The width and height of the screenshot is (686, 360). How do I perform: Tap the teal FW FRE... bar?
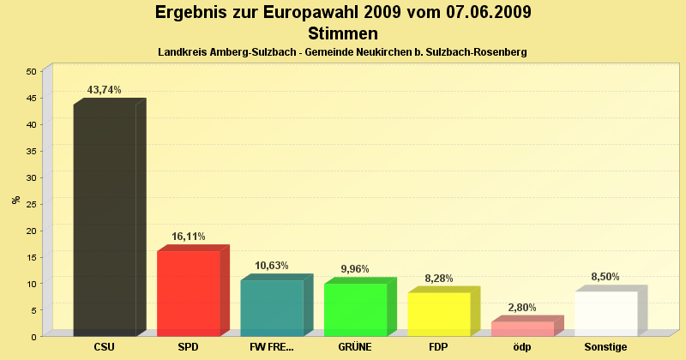tap(272, 308)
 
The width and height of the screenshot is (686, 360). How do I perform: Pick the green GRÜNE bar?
tap(356, 309)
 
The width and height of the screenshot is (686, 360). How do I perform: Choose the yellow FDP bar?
tap(439, 314)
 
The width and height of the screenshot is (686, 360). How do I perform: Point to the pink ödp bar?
tap(523, 328)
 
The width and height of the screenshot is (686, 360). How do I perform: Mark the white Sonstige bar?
tap(606, 314)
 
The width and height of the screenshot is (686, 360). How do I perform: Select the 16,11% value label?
tap(189, 237)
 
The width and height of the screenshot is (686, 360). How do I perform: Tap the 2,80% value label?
tap(523, 307)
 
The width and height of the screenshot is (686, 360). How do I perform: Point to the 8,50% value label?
tap(605, 277)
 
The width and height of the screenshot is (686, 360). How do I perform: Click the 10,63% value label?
tap(272, 266)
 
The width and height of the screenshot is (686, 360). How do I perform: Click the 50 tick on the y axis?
tap(31, 71)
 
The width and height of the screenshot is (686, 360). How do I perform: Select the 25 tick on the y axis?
tap(31, 204)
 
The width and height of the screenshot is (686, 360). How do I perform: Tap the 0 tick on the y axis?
tap(33, 337)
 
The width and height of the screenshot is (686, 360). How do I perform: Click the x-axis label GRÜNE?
tap(356, 347)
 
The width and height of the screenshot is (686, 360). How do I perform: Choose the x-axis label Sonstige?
tap(606, 347)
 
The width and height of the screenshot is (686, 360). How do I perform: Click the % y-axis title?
tap(15, 200)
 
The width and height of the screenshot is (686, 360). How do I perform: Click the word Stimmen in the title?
tap(343, 34)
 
